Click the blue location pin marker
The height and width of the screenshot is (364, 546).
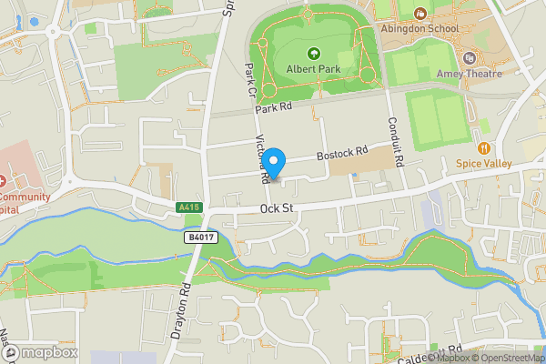274,161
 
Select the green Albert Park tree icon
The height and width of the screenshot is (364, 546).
314,54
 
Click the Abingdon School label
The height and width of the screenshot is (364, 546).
447,27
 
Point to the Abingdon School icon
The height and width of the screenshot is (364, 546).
420,13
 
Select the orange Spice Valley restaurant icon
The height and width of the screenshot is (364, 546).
484,147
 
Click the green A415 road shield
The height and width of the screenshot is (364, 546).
188,207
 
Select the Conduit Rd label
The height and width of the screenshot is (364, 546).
393,136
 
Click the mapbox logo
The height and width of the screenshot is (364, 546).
40,352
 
